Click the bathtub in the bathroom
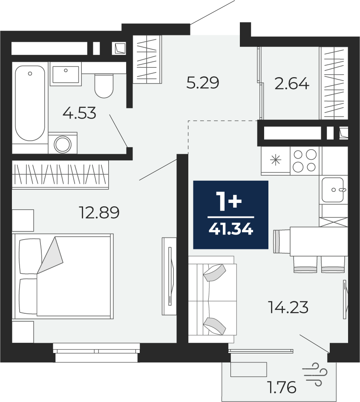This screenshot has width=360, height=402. (x=30, y=103)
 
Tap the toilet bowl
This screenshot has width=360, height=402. (x=104, y=86)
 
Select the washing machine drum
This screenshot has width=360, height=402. (x=63, y=144)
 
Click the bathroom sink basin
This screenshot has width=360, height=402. (x=66, y=74)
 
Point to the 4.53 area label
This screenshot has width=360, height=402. (x=79, y=113)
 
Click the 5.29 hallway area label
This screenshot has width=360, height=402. (x=203, y=83)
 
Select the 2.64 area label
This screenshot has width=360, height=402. (x=292, y=84)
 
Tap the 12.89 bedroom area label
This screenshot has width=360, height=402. (x=100, y=213)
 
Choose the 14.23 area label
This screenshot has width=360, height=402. (x=288, y=307)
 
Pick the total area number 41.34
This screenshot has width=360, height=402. (x=231, y=228)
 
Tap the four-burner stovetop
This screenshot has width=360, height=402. (x=305, y=161)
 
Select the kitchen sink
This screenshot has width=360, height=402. (x=333, y=190)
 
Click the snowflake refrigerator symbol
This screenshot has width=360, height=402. (x=276, y=160)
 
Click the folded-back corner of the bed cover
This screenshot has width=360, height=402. (x=50, y=255)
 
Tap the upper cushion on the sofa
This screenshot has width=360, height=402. (x=214, y=273)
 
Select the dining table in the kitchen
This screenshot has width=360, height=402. (x=319, y=241)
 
